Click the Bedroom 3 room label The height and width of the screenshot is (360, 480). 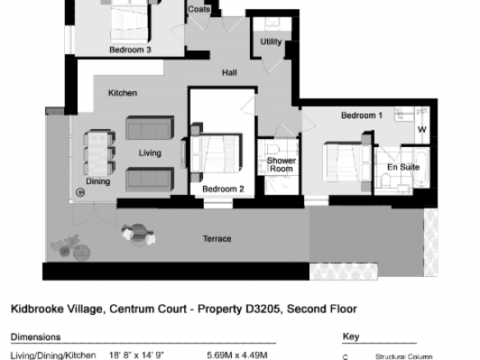(130, 49)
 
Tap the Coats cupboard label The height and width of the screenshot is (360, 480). (199, 9)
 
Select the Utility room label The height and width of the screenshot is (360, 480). (271, 42)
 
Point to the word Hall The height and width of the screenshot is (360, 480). (229, 72)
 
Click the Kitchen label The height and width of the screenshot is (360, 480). (122, 93)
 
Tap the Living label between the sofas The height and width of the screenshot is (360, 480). (150, 153)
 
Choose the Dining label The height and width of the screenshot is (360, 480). (98, 181)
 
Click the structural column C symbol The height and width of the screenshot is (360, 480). (81, 192)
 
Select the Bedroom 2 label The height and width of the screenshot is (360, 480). (224, 189)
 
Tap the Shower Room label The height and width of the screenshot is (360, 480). (281, 164)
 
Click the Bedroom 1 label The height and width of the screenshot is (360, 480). (362, 115)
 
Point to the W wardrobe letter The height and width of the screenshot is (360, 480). (422, 130)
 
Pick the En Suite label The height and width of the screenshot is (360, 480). (404, 167)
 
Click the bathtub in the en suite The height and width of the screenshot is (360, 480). (421, 168)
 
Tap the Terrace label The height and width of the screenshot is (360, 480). (217, 238)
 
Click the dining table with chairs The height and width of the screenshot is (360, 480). (99, 153)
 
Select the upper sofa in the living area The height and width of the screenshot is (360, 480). (150, 128)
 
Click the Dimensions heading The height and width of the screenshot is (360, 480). (36, 337)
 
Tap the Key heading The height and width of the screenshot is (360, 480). (351, 337)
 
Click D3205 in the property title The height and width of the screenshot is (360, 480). (263, 309)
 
